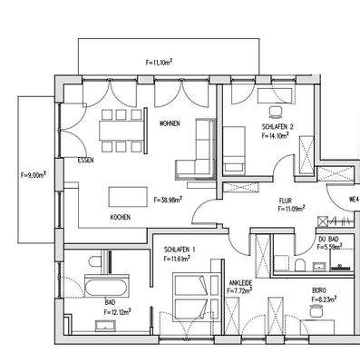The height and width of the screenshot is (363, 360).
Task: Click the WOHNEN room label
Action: [x=169, y=123]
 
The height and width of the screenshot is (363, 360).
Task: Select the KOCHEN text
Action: [x=121, y=218]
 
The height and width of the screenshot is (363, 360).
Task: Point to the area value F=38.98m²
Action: [x=169, y=200]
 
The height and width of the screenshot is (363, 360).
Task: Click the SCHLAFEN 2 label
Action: [x=277, y=126]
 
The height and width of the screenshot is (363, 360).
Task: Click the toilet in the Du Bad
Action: [x=298, y=264]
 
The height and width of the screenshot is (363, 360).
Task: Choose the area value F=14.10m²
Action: [x=276, y=136]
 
